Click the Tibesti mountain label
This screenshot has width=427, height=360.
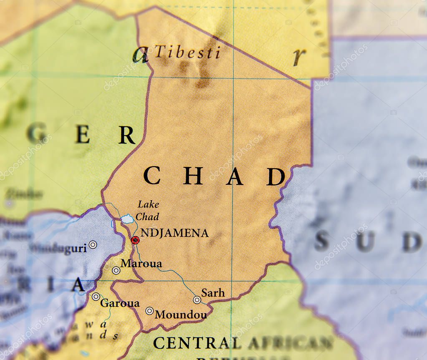[187, 53]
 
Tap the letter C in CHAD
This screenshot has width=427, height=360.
[152, 176]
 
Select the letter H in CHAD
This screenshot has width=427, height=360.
[193, 176]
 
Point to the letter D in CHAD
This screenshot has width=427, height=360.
[275, 176]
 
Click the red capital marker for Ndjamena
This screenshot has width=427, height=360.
[135, 240]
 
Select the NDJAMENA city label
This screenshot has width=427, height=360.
[174, 233]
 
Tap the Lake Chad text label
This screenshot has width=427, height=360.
[148, 210]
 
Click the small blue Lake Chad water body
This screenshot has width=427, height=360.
[127, 219]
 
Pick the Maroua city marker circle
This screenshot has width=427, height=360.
[116, 270]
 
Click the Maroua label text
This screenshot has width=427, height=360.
[141, 264]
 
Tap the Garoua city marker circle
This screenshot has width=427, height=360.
[96, 297]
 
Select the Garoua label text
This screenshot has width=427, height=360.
[120, 303]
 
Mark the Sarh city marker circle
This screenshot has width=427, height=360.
[197, 300]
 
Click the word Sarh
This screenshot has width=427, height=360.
[213, 293]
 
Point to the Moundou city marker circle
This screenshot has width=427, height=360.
[149, 311]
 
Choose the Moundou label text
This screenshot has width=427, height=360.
[181, 315]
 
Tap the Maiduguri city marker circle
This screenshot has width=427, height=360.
[93, 244]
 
